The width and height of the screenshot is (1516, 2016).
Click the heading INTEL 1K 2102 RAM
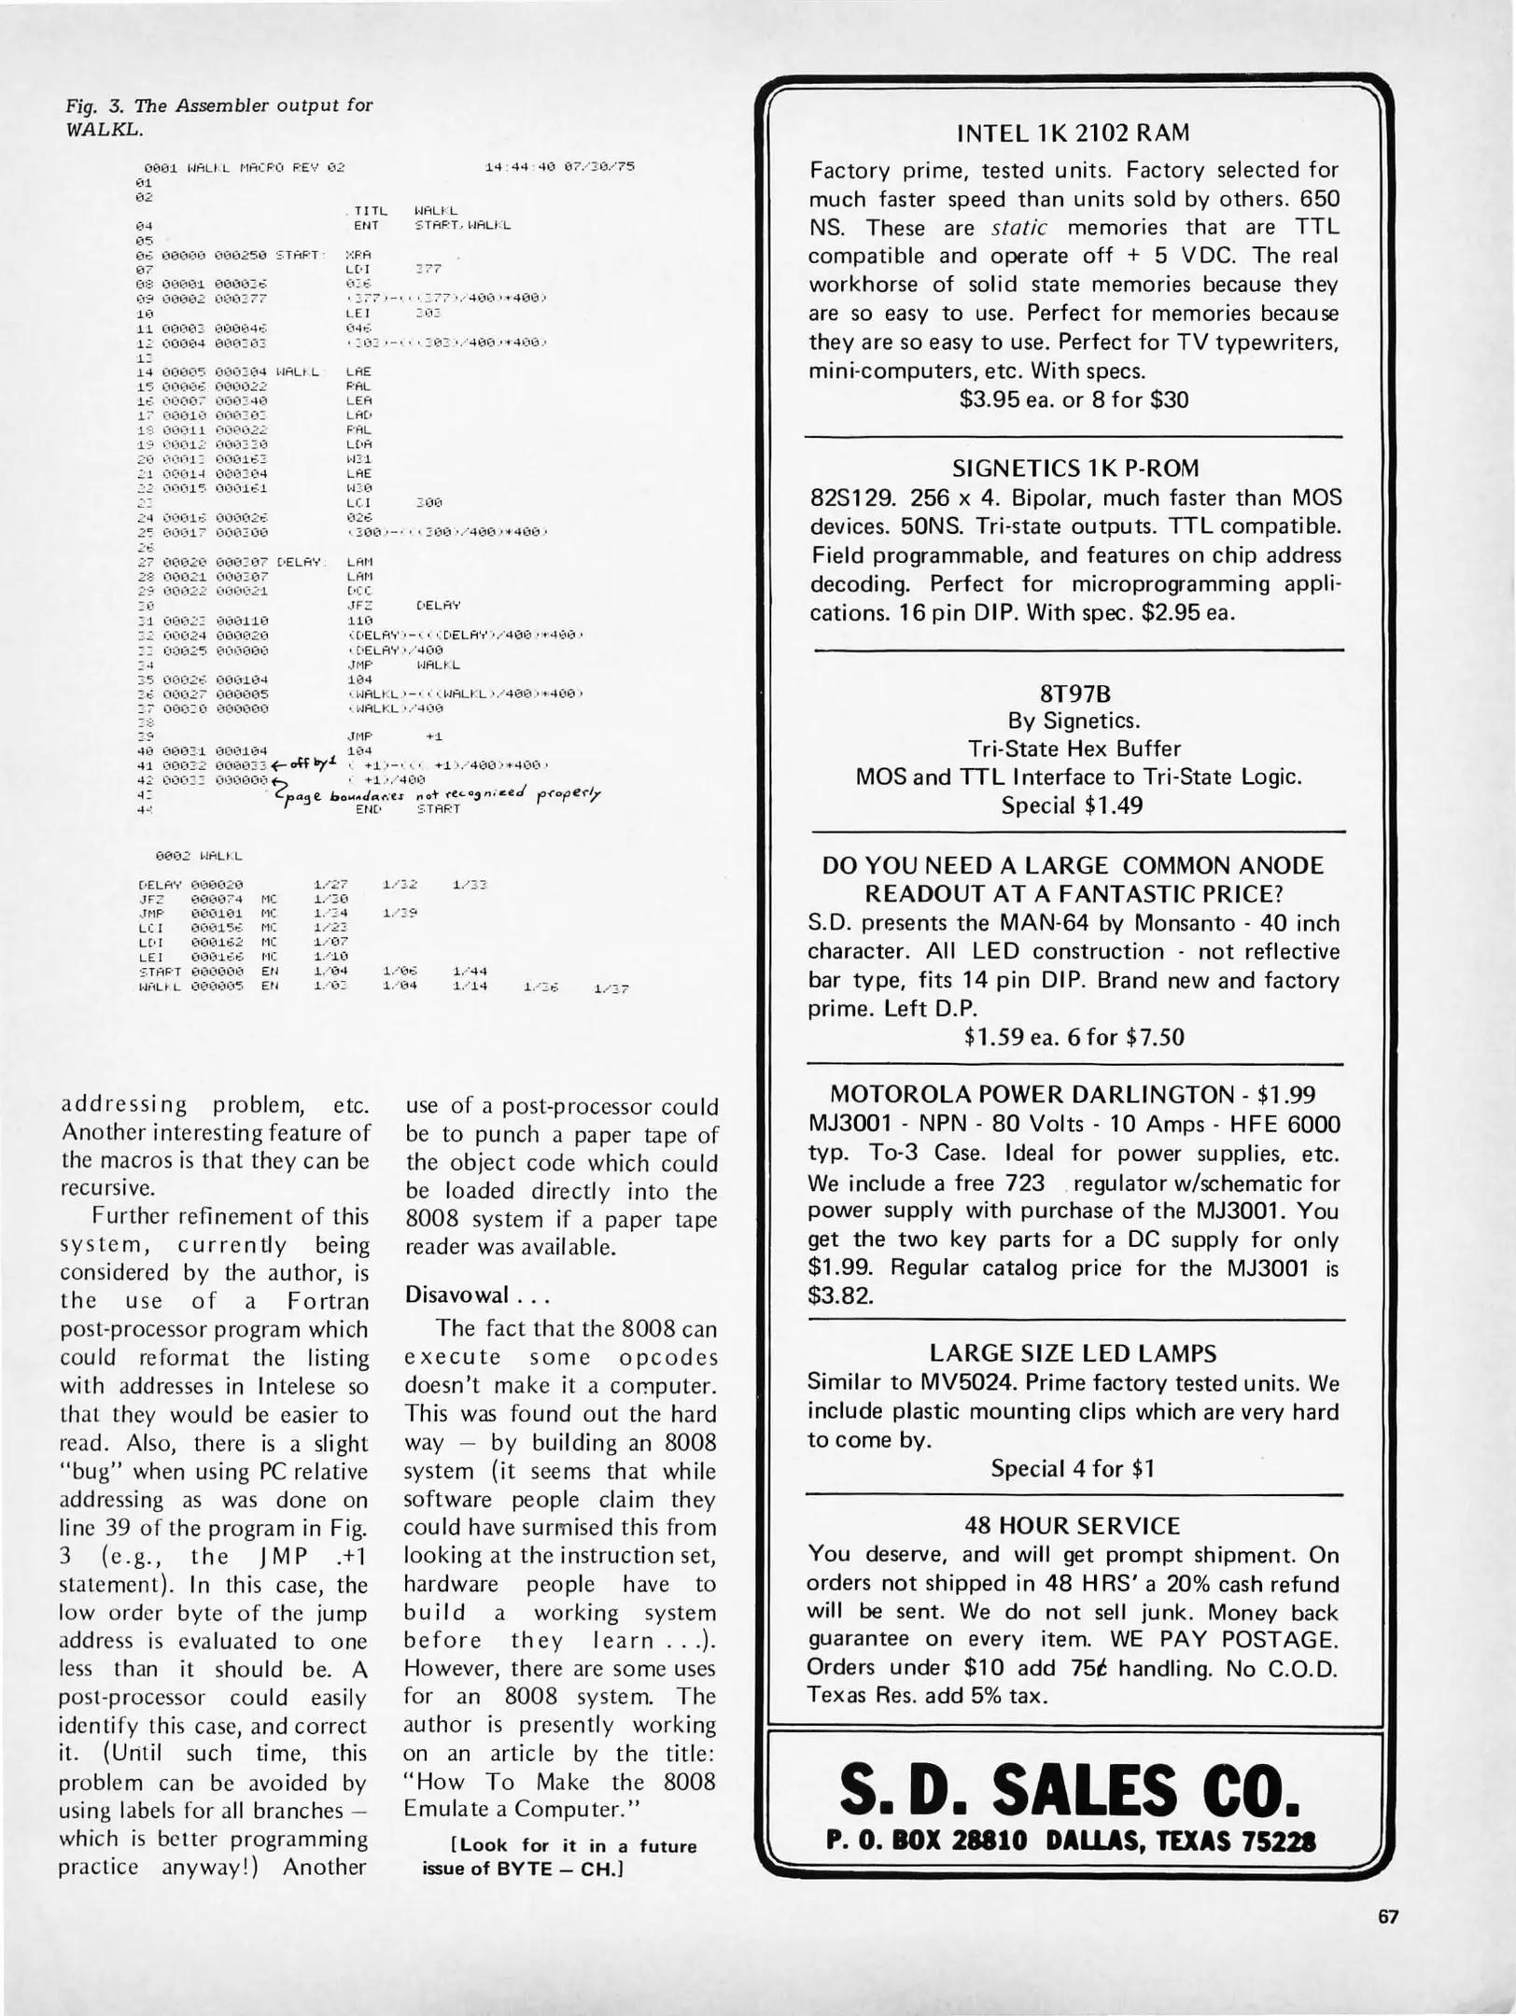pos(1074,133)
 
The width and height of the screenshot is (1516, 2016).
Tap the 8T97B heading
pos(1074,694)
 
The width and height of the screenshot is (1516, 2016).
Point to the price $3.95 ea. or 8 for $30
pos(1074,399)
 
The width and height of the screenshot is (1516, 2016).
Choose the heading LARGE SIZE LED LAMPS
pos(1073,1353)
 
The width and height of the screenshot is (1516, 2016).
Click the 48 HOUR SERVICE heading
pos(1074,1526)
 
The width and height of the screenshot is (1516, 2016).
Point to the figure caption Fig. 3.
pos(217,117)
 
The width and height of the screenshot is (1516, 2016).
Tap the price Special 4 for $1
pos(1074,1469)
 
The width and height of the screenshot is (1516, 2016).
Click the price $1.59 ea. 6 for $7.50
pos(1074,1038)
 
